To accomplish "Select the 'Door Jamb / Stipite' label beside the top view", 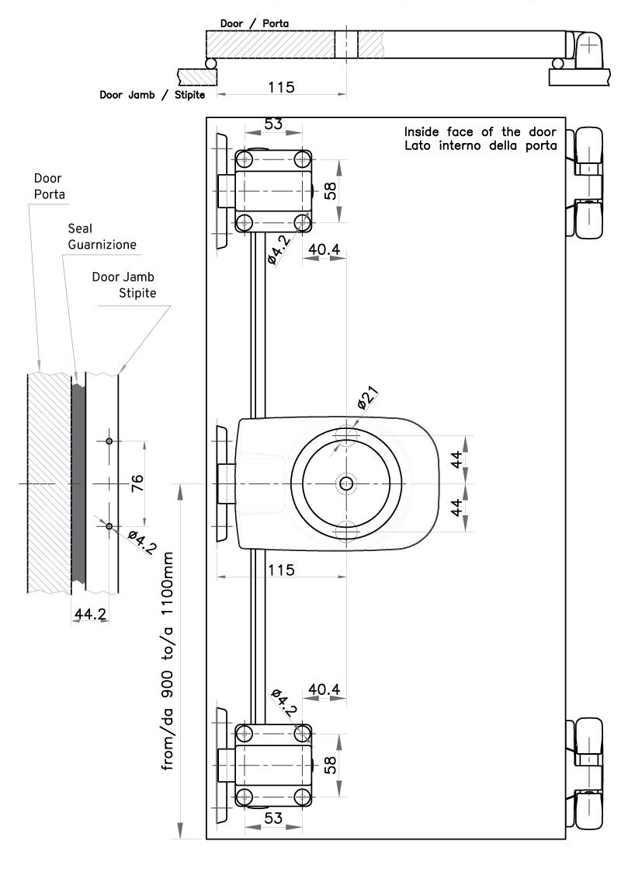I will (x=152, y=95).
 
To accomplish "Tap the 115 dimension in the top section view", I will (x=280, y=87).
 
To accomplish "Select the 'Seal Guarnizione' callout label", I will (x=102, y=236).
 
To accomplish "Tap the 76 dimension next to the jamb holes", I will (x=137, y=484).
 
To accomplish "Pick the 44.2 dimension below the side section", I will (x=90, y=615).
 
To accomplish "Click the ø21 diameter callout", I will (x=367, y=403).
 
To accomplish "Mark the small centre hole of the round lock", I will (x=345, y=483).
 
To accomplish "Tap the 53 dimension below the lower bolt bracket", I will (x=273, y=818).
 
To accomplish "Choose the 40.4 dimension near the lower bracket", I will (x=324, y=689).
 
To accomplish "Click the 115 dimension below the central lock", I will (x=280, y=570).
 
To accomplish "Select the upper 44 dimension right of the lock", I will (x=457, y=459).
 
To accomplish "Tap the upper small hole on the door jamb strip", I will (x=110, y=441).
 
